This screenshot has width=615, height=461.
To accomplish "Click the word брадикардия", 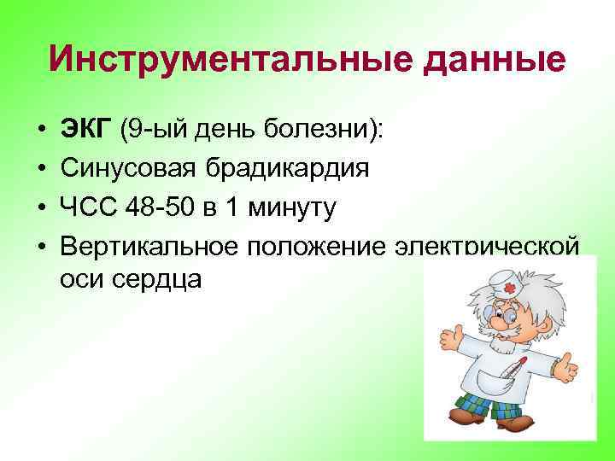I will pyautogui.click(x=287, y=169).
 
